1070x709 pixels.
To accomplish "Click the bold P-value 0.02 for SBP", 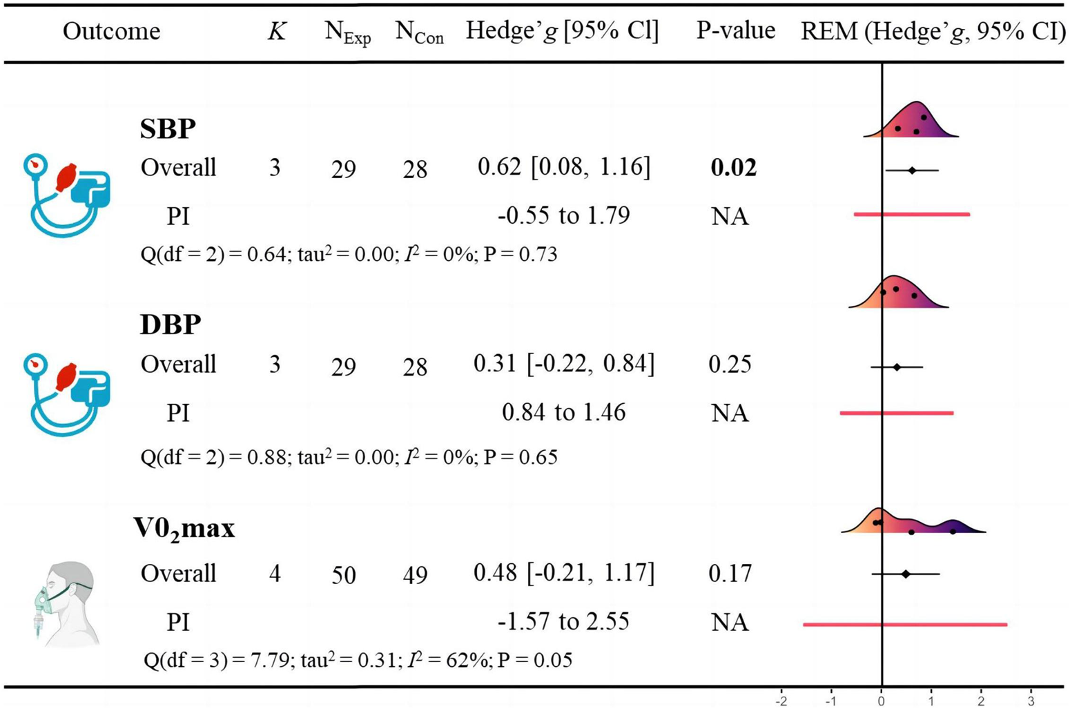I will [x=733, y=168].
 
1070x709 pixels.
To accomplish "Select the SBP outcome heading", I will [x=168, y=129].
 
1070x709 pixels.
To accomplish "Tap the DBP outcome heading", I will [x=171, y=324].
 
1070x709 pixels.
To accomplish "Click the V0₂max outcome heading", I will [x=184, y=529].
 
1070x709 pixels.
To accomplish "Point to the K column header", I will [x=276, y=32].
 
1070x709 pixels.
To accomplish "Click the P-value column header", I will [x=735, y=31].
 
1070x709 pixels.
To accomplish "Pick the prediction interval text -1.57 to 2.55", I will [x=563, y=622].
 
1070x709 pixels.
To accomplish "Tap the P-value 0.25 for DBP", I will [x=730, y=365].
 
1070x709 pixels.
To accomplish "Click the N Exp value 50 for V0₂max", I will [x=343, y=575].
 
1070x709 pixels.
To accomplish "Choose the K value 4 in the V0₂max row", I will [x=275, y=574].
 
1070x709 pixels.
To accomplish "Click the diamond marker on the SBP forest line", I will [x=912, y=170].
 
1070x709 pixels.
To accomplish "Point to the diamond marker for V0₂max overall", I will [x=906, y=574].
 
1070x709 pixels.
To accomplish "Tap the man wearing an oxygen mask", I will [x=66, y=602].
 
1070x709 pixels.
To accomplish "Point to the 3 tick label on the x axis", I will [x=1031, y=701].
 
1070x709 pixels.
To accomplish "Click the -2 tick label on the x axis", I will [x=781, y=701].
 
